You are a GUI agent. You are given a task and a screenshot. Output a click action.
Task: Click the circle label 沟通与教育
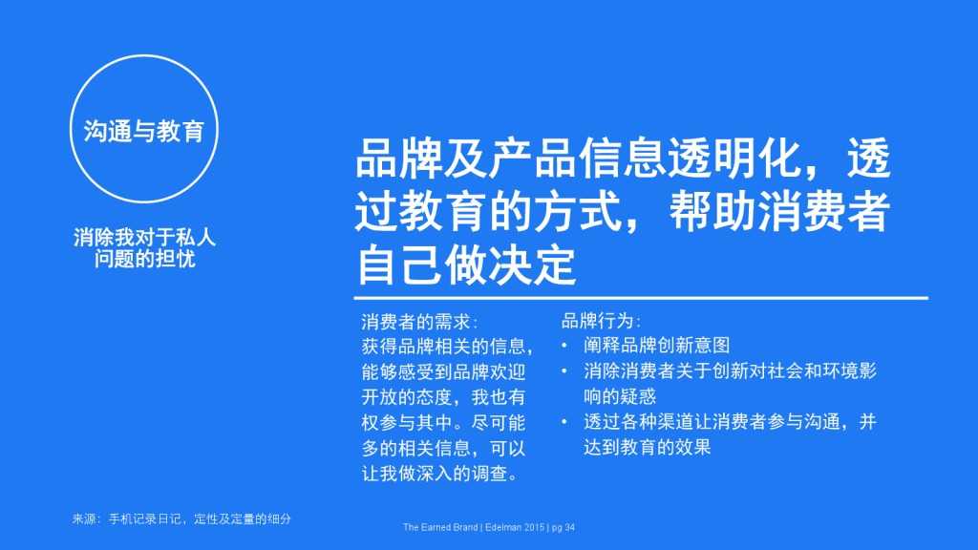tap(143, 131)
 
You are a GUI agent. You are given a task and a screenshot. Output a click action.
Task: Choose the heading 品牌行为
tap(601, 321)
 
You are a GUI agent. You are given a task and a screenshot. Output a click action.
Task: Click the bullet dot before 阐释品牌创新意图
tap(565, 346)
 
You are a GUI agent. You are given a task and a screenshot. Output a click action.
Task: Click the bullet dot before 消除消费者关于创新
tap(565, 370)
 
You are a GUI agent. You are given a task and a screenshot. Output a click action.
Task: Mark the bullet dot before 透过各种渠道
tap(565, 421)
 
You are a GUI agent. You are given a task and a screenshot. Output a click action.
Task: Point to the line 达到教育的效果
tap(648, 446)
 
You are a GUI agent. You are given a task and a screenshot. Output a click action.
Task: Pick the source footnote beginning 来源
tap(181, 518)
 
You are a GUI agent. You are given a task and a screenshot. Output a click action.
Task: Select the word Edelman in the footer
tap(516, 528)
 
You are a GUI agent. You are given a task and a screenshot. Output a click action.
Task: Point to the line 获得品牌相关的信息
tap(444, 346)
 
